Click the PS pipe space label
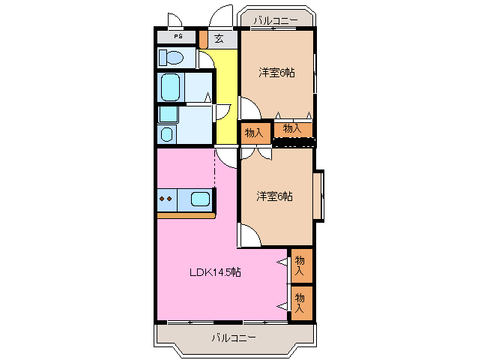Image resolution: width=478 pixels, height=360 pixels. pyautogui.click(x=178, y=36)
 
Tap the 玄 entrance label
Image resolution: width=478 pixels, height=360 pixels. pyautogui.click(x=219, y=37)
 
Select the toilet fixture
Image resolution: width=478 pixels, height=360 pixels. pyautogui.click(x=171, y=57)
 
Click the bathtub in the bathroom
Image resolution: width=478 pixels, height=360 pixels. pyautogui.click(x=171, y=86)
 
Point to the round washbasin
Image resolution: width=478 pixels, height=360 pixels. pyautogui.click(x=166, y=133)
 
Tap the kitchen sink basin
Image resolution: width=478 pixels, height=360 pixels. pyautogui.click(x=199, y=199)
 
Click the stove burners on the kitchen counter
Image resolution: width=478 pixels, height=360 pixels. pyautogui.click(x=166, y=199)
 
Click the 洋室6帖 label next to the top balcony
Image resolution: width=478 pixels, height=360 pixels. pyautogui.click(x=276, y=73)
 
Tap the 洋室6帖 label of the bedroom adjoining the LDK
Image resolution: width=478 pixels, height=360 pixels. pyautogui.click(x=274, y=196)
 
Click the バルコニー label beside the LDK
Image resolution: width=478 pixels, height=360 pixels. pyautogui.click(x=233, y=338)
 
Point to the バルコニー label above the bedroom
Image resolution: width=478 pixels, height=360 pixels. pyautogui.click(x=275, y=20)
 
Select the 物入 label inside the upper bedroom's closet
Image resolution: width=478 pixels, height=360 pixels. pyautogui.click(x=292, y=129)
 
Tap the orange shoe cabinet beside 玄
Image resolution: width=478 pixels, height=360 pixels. pyautogui.click(x=203, y=38)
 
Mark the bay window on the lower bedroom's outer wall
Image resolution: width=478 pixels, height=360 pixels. pyautogui.click(x=319, y=196)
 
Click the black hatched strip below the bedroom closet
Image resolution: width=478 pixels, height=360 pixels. pyautogui.click(x=294, y=142)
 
